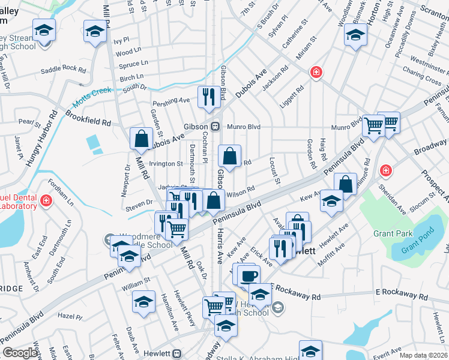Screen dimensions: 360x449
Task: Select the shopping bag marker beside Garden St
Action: click(x=141, y=139)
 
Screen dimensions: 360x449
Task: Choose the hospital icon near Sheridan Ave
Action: click(x=385, y=171)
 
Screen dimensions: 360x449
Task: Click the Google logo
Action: click(x=20, y=353)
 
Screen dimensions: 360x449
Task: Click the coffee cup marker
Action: click(x=249, y=276)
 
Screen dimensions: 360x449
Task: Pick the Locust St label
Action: click(x=275, y=171)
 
